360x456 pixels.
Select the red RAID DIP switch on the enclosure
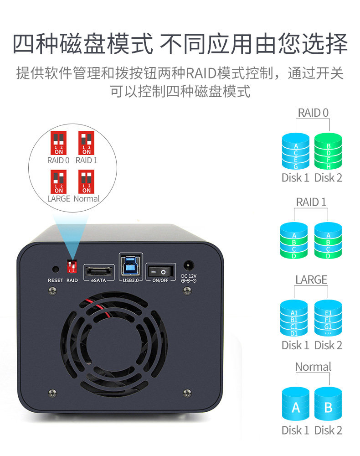pyautogui.click(x=72, y=265)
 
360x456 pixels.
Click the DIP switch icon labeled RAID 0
pyautogui.click(x=58, y=143)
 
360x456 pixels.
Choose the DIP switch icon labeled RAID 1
pyautogui.click(x=86, y=143)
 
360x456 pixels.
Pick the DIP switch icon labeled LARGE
pyautogui.click(x=58, y=181)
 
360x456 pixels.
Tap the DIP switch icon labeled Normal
pyautogui.click(x=86, y=181)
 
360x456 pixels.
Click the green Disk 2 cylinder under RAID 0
pyautogui.click(x=328, y=151)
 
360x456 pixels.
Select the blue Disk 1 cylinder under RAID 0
pyautogui.click(x=295, y=151)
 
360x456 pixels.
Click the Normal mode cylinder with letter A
pyautogui.click(x=296, y=405)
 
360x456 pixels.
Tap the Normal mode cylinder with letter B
pyautogui.click(x=328, y=405)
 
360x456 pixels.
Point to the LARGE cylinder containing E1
pyautogui.click(x=328, y=319)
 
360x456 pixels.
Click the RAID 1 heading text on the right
pyautogui.click(x=311, y=202)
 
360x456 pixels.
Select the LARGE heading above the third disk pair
pyautogui.click(x=311, y=279)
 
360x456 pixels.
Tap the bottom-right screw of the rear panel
pyautogui.click(x=186, y=392)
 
